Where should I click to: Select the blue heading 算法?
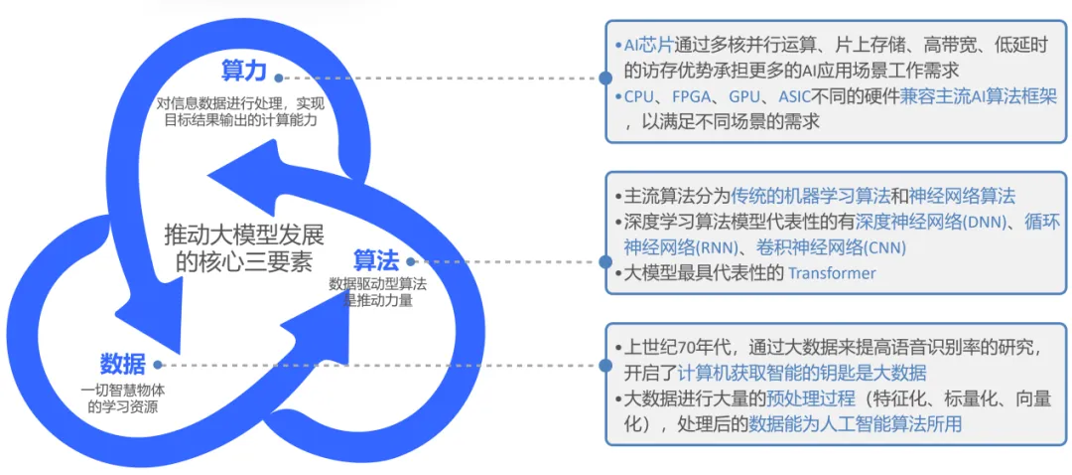[377, 260]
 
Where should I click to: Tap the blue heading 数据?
[123, 363]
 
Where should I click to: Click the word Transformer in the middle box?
[832, 272]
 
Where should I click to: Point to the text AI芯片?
[648, 46]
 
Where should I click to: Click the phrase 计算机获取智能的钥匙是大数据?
[802, 373]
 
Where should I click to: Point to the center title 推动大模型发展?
[244, 236]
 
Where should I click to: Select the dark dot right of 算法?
[410, 261]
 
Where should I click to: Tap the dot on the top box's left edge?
[604, 77]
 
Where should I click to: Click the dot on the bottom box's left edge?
[604, 365]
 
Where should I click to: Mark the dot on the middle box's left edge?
[604, 262]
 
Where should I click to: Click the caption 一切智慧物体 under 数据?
[123, 391]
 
